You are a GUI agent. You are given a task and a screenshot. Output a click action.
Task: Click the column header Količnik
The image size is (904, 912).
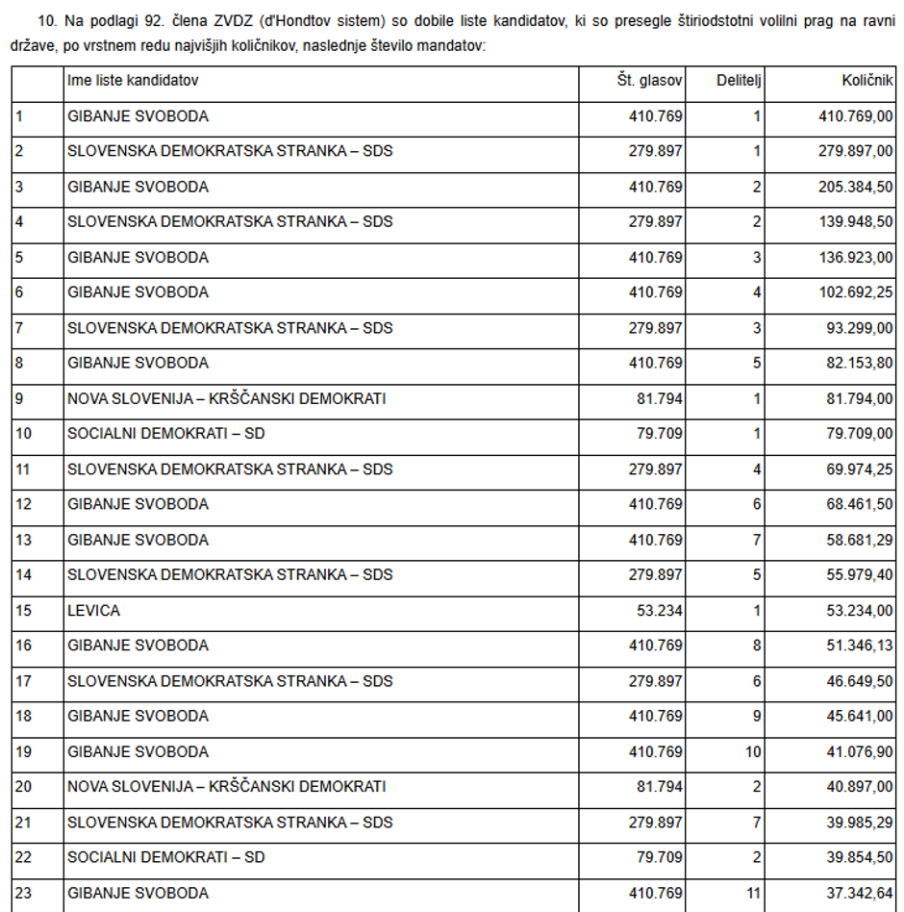point(866,81)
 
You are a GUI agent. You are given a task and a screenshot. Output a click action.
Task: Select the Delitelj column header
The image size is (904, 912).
point(739,81)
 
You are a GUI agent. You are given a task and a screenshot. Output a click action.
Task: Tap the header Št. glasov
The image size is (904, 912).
point(649,81)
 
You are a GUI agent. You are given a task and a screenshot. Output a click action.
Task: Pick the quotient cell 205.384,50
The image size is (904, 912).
point(855,187)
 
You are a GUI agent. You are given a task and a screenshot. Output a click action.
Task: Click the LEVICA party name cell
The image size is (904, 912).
point(94,610)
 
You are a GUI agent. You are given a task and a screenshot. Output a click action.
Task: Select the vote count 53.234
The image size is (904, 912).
point(660,610)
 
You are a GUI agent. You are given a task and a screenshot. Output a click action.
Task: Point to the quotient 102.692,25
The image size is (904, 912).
point(855,292)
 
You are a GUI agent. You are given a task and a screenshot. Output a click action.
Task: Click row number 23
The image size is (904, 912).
point(23,893)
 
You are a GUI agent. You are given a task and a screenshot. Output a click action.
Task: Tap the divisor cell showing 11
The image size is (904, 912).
point(753,893)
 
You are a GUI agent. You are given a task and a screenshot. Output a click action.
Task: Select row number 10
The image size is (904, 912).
point(23,434)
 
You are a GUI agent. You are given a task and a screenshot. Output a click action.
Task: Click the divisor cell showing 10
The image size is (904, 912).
point(753,751)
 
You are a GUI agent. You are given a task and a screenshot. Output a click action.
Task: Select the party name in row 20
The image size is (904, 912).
point(226,787)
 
